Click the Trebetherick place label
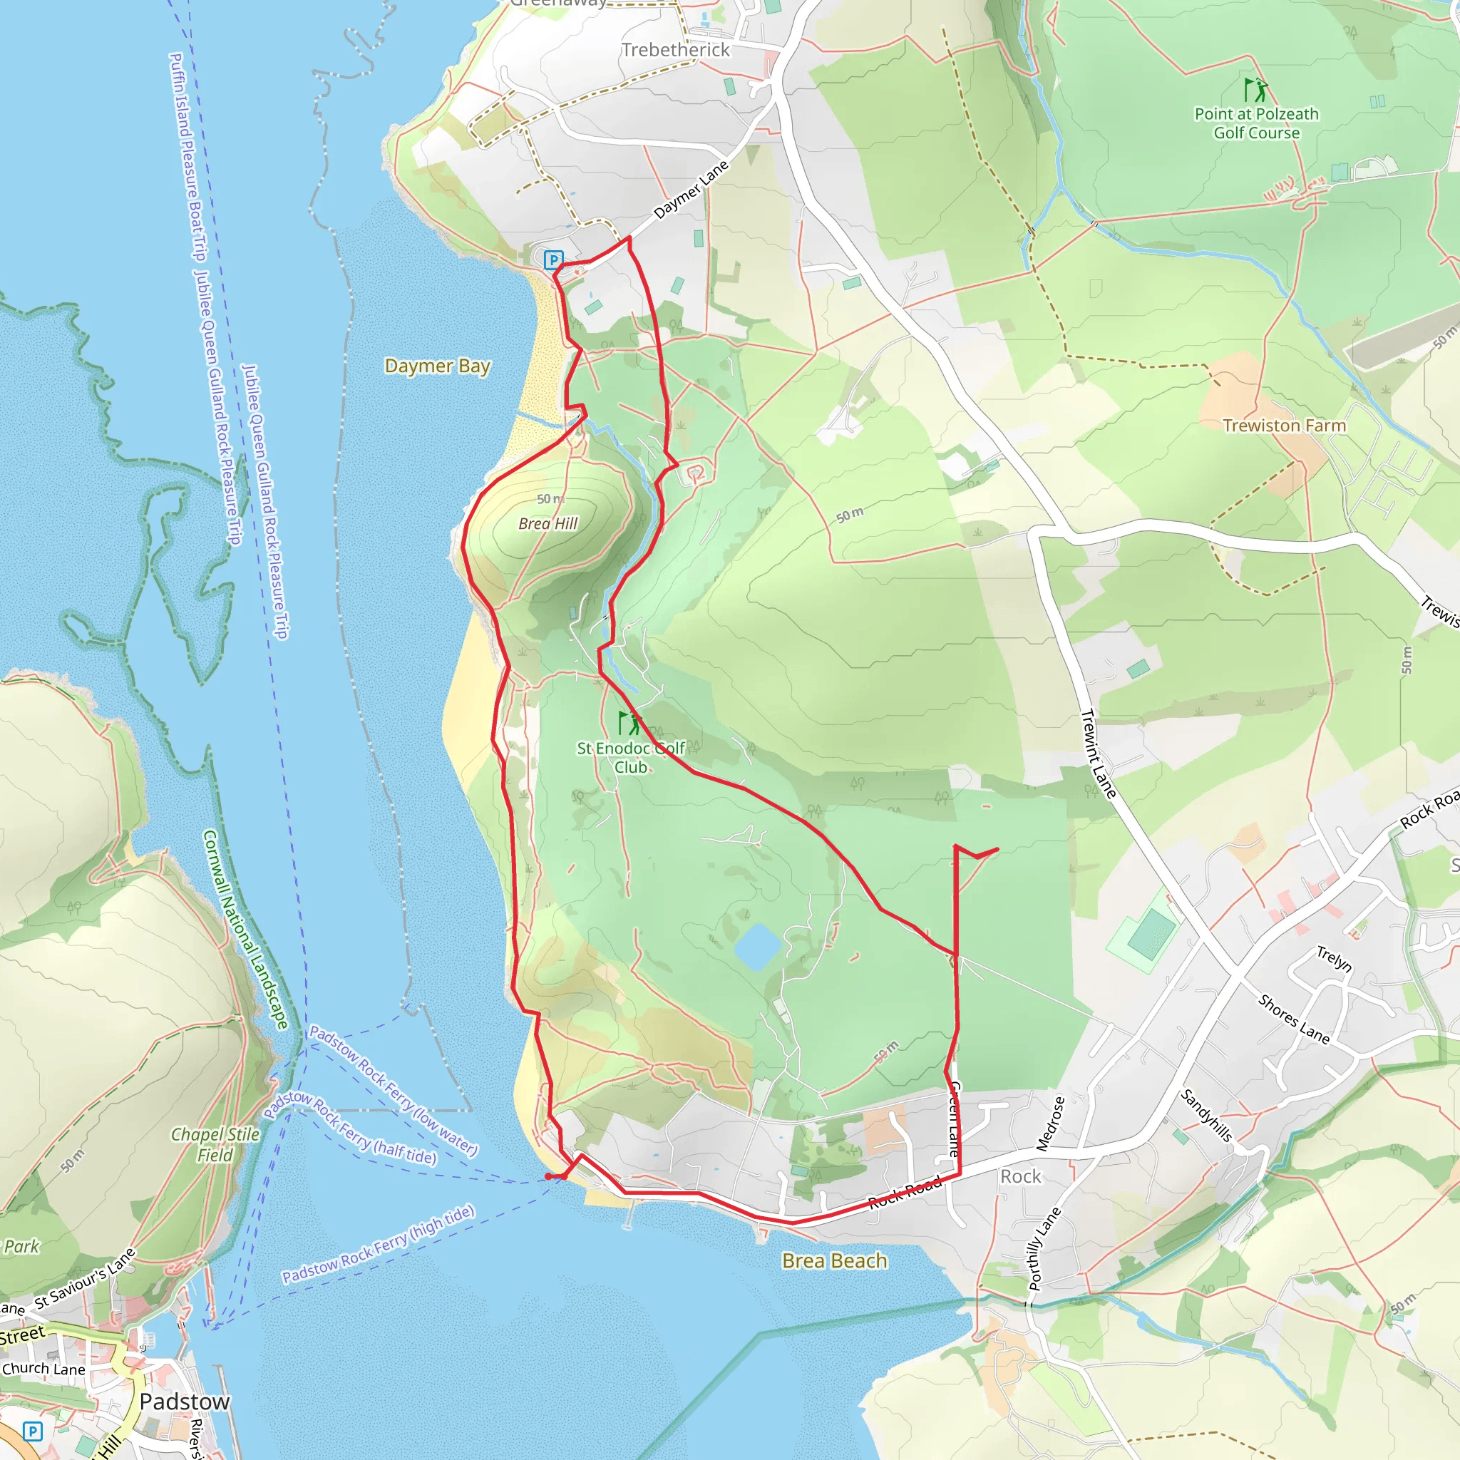(675, 50)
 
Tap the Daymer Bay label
(437, 366)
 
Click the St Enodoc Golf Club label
(630, 757)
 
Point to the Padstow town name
(184, 1401)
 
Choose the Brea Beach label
(834, 1260)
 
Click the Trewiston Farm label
(1284, 426)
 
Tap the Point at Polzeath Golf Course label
(1256, 123)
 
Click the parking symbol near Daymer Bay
(554, 260)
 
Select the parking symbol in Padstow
(33, 1431)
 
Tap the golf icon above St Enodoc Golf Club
(629, 722)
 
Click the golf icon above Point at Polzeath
(1255, 90)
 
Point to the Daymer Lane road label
(691, 189)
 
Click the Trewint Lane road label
(1098, 754)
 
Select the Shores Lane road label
(1293, 1019)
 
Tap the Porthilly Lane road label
(1044, 1248)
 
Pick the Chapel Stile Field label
(215, 1144)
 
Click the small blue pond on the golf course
(757, 946)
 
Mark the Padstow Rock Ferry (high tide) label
(379, 1244)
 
